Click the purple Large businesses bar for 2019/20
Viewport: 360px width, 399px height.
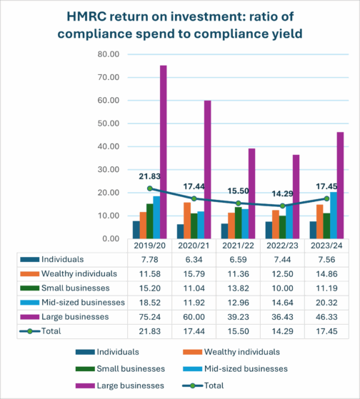point(163,152)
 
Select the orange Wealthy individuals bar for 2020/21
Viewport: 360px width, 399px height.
point(187,221)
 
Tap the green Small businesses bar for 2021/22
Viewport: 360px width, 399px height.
point(238,223)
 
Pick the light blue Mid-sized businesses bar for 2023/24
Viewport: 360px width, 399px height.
point(334,216)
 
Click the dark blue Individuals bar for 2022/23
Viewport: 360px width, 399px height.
point(269,230)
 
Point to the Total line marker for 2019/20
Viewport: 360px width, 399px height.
point(150,188)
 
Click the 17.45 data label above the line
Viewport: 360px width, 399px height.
point(326,186)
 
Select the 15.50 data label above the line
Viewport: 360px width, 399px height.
point(238,191)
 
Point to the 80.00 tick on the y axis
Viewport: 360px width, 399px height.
point(109,54)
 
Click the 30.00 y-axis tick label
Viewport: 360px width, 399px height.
point(109,169)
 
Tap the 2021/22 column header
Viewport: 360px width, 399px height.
point(238,246)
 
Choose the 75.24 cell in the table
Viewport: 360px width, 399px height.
point(150,317)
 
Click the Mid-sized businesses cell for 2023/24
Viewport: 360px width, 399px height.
point(326,303)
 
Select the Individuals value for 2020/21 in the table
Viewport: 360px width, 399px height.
point(194,260)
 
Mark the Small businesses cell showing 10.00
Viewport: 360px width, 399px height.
point(282,288)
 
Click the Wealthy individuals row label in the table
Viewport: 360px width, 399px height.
point(79,273)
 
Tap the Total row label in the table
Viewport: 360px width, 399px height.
point(51,331)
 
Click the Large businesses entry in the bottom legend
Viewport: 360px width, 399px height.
point(120,385)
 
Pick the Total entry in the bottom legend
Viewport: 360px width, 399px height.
point(203,385)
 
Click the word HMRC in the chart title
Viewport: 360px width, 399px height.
point(86,16)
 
